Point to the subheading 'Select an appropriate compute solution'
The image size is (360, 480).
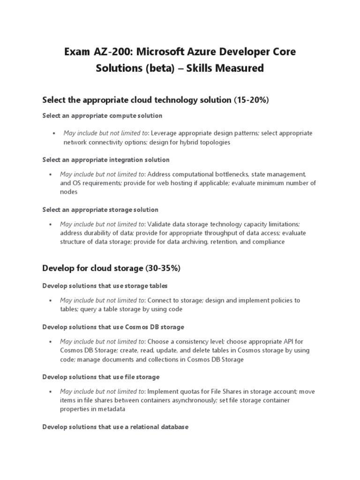(x=102, y=115)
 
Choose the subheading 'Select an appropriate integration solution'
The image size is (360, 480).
(x=106, y=160)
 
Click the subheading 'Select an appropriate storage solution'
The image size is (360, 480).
(x=100, y=210)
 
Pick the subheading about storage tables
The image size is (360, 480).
(x=105, y=285)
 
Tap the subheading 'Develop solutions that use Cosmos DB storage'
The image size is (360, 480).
(x=113, y=326)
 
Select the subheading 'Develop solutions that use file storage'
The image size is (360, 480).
(x=101, y=376)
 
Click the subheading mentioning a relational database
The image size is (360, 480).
(x=115, y=427)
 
